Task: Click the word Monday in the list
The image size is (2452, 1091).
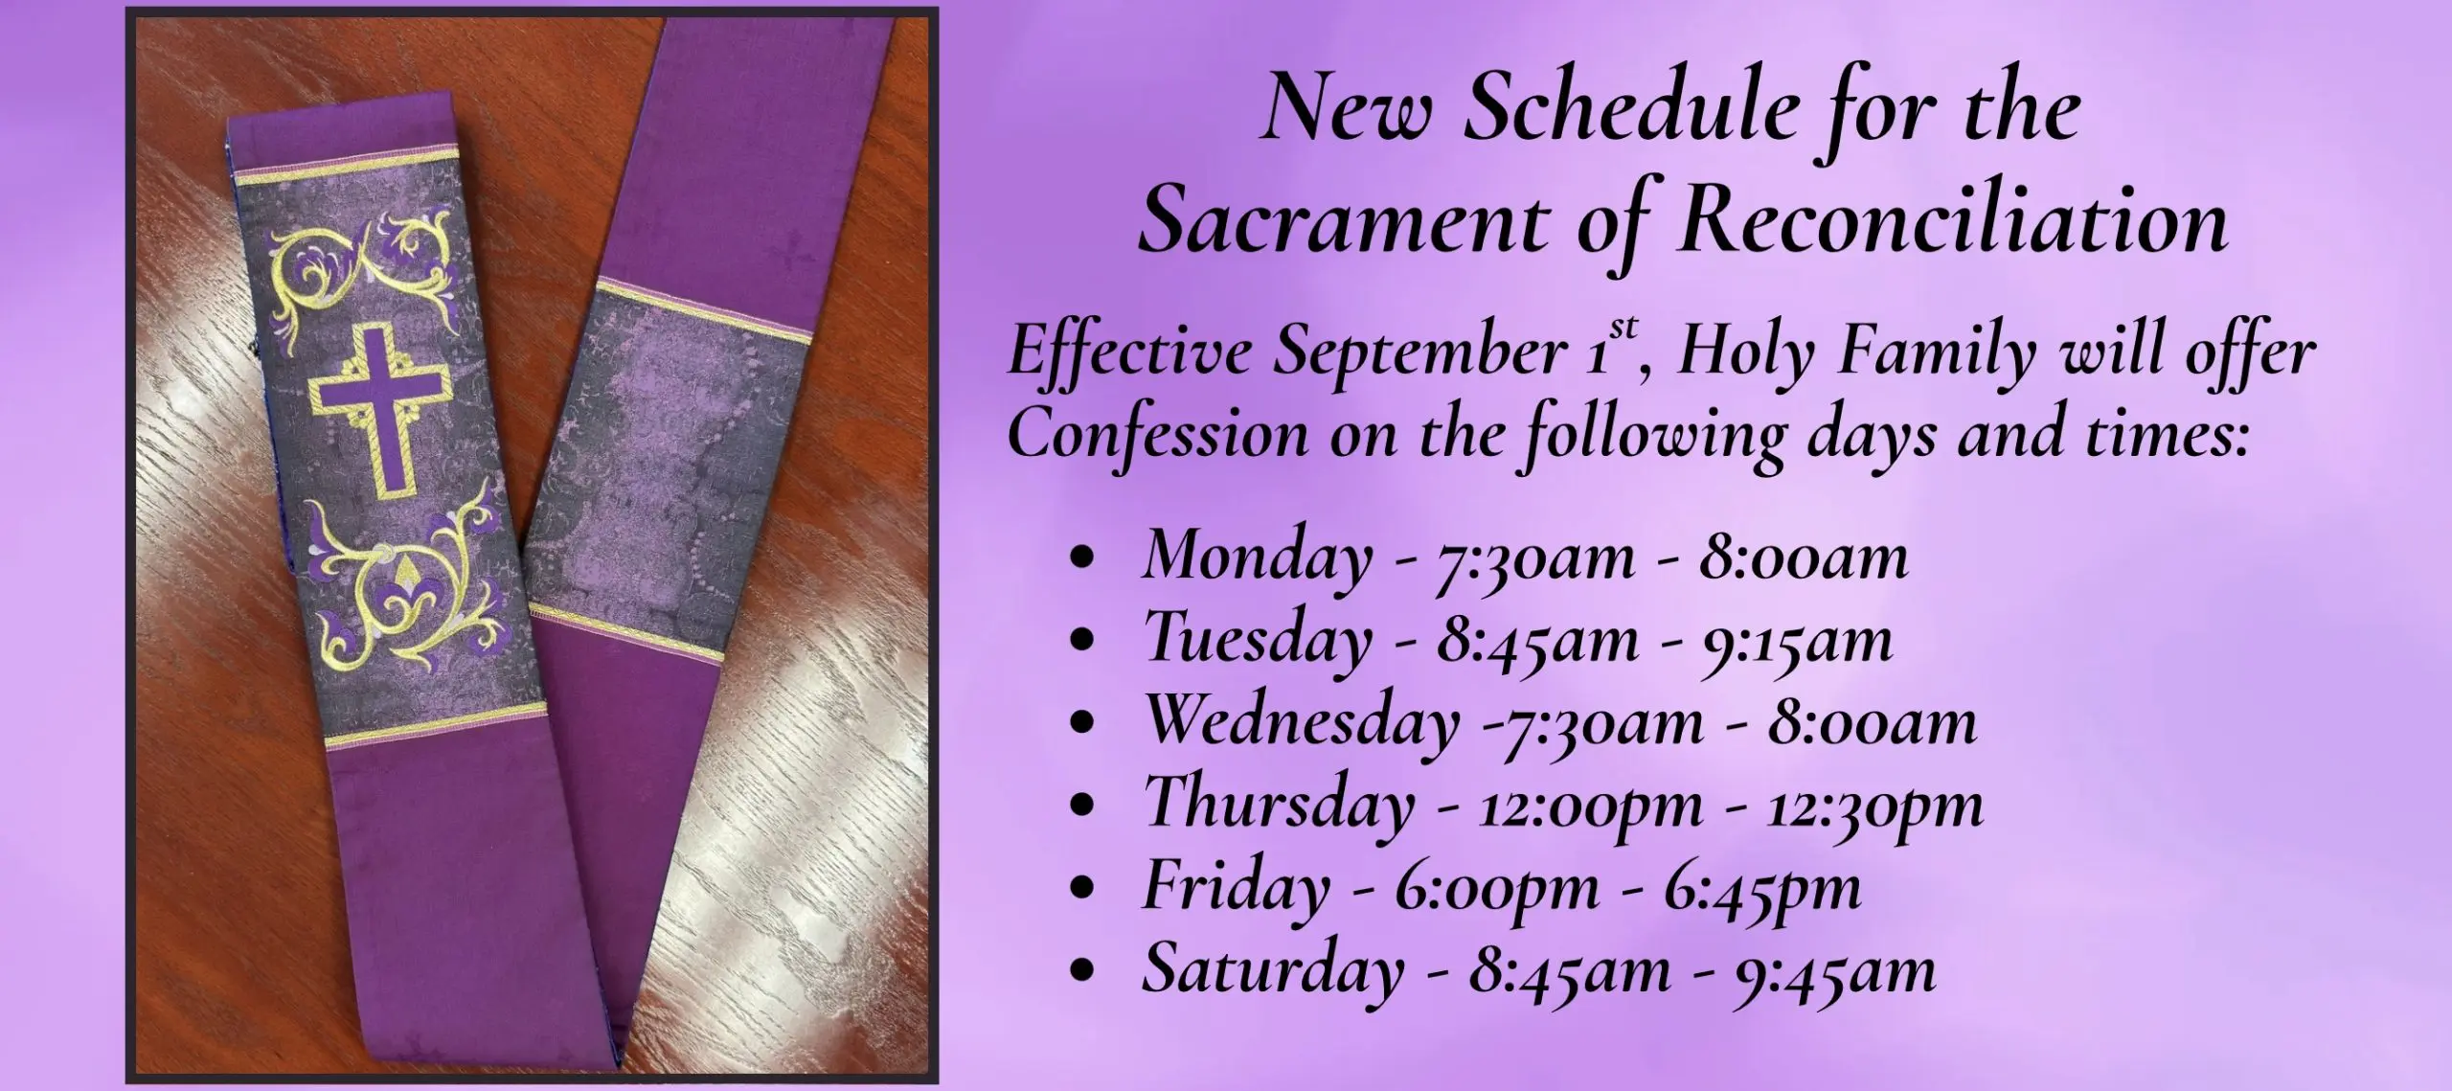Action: tap(1256, 557)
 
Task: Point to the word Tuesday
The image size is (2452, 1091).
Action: tap(1258, 639)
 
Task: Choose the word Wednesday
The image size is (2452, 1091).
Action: tap(1302, 721)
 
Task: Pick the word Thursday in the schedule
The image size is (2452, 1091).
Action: tap(1279, 804)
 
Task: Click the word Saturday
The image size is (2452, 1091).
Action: tap(1272, 969)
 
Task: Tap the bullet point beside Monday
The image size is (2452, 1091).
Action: tap(1083, 559)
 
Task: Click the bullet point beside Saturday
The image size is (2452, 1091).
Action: tap(1083, 973)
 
